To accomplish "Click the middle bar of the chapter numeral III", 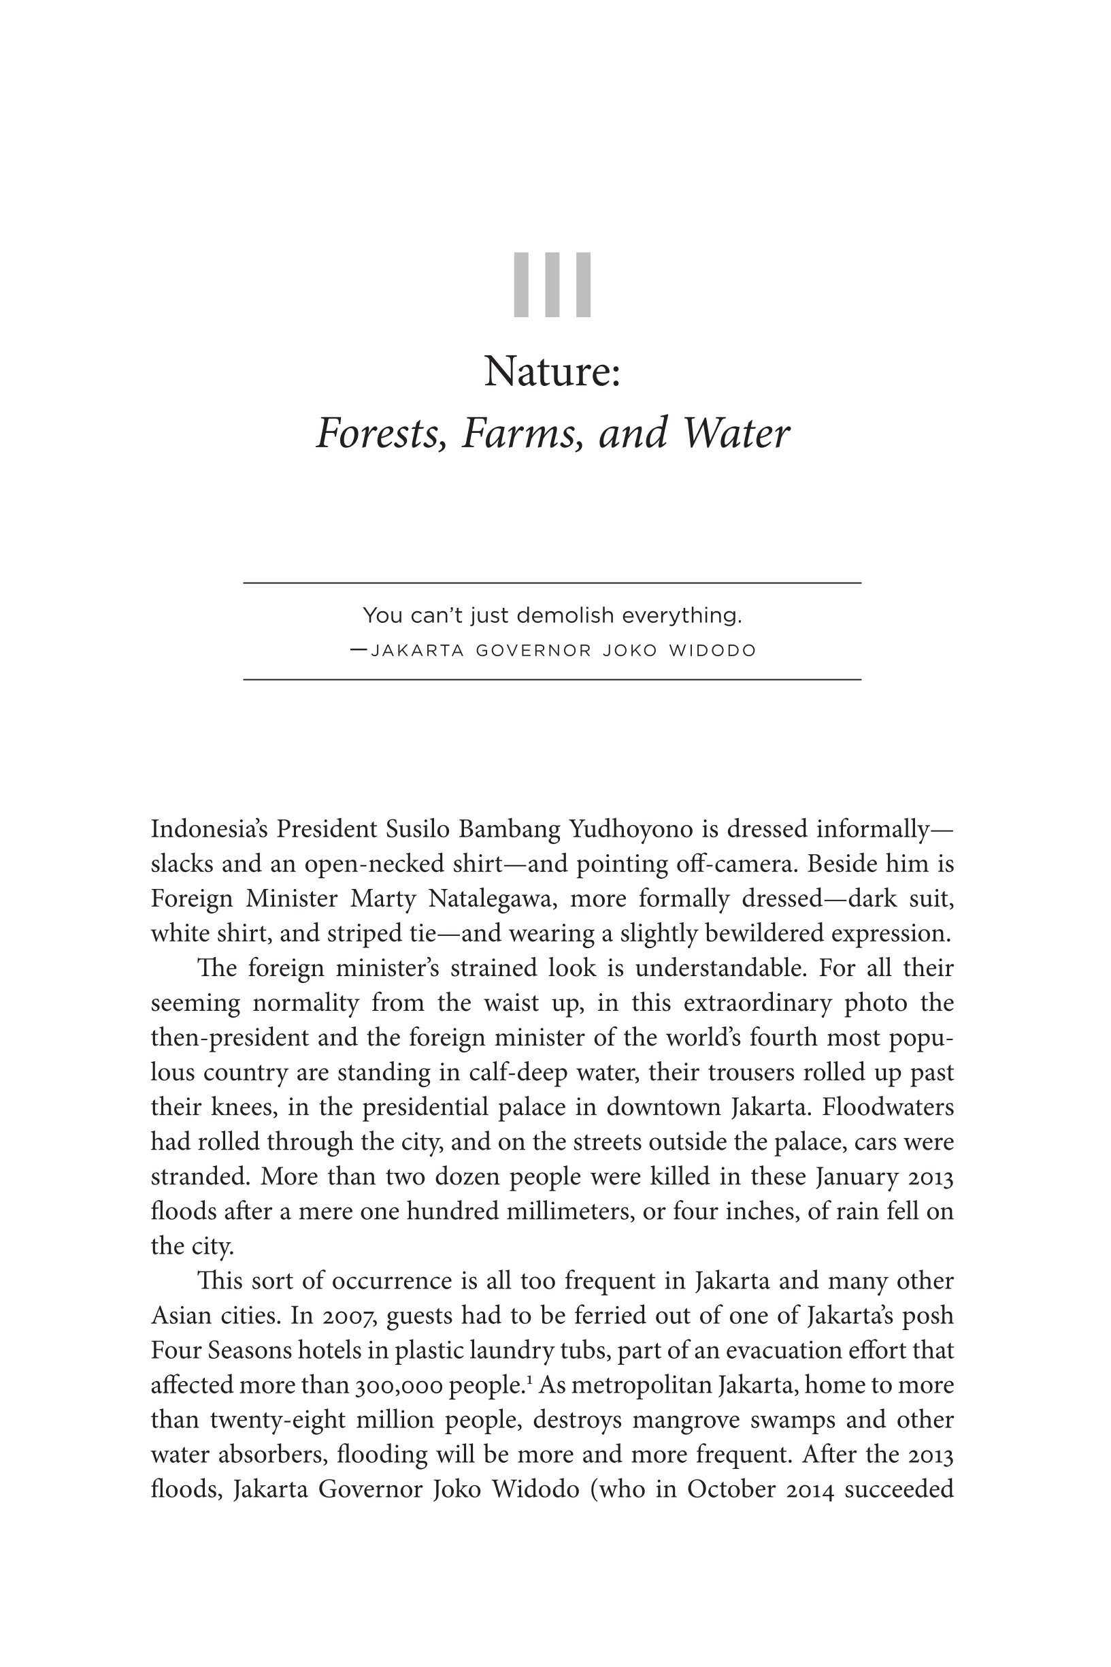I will click(x=552, y=285).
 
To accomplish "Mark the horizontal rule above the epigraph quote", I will click(x=552, y=583).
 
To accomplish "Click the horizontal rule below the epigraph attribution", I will click(x=552, y=680).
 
